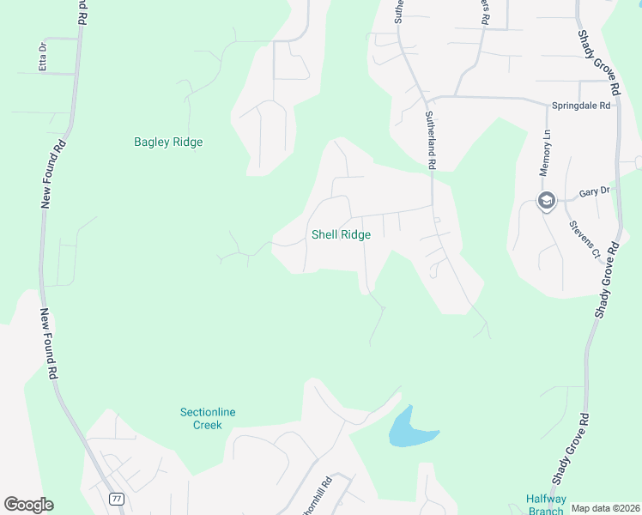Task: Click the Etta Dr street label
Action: tap(41, 58)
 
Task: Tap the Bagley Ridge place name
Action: tap(168, 142)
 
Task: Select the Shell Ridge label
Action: tap(341, 234)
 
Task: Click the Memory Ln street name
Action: tap(544, 154)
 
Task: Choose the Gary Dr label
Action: tap(593, 194)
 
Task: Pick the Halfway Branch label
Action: tap(545, 505)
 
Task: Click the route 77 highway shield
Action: tap(117, 499)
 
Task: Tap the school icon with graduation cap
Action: tap(546, 202)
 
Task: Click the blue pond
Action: tap(409, 429)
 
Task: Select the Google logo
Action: tap(28, 505)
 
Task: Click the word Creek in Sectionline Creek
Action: tap(208, 425)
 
